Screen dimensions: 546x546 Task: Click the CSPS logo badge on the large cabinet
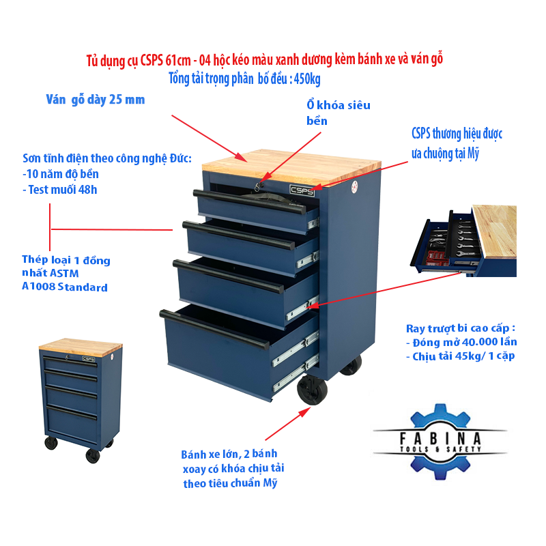pos(302,190)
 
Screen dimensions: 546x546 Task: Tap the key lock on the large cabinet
pos(258,187)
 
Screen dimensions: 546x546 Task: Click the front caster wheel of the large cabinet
pos(313,390)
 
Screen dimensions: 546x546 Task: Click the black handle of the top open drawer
pos(250,201)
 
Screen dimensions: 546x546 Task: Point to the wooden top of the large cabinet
pos(292,167)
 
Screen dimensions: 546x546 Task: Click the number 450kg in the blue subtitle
pos(307,79)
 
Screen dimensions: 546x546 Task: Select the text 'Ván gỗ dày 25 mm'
pos(96,100)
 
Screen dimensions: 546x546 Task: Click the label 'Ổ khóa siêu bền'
pos(338,113)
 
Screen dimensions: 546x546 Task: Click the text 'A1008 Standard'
pos(65,287)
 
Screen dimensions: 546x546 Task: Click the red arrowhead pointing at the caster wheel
pos(305,412)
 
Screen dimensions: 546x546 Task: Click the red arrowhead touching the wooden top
pos(242,157)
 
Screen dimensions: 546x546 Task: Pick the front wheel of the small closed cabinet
pos(93,456)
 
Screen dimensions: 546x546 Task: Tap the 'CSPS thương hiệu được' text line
pos(457,134)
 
